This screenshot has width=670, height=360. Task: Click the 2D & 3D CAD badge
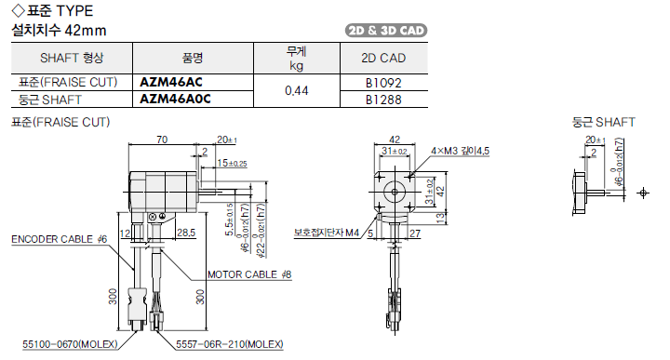[386, 31]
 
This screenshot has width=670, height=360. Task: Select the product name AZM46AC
[171, 82]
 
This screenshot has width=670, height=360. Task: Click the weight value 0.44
[297, 90]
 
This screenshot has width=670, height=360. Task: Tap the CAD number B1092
[383, 83]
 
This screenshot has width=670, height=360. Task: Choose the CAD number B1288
[383, 100]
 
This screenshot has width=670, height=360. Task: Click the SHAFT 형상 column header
[72, 58]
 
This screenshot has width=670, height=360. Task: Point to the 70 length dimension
[162, 140]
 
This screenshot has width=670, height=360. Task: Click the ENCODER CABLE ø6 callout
[59, 239]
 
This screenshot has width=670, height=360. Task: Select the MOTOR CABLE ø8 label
[249, 274]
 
